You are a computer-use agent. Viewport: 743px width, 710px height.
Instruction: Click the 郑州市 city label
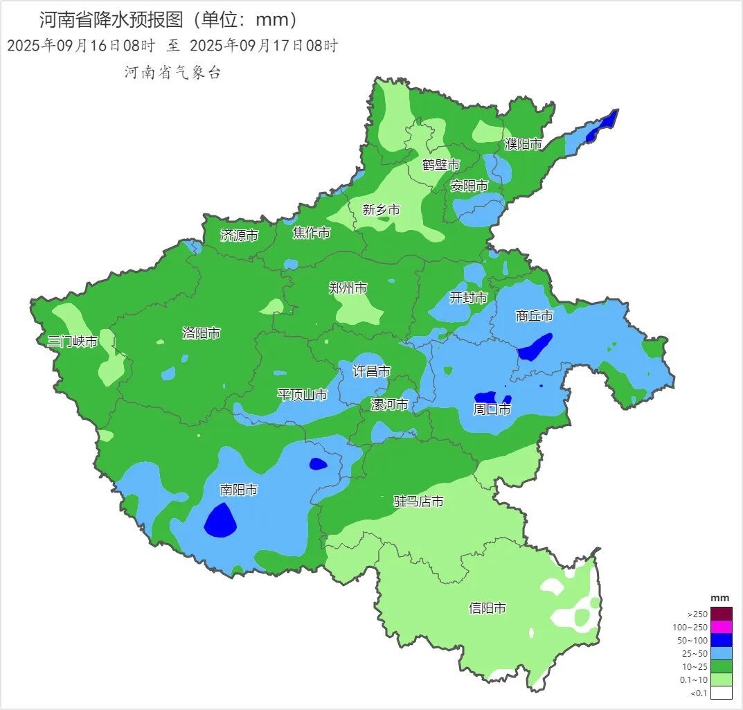(348, 288)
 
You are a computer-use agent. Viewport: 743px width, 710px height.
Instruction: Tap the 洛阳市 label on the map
(201, 333)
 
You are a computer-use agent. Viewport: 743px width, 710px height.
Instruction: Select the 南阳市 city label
(238, 490)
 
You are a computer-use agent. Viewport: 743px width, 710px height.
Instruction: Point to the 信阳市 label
(487, 608)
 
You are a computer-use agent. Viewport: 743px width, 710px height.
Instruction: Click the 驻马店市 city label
(418, 501)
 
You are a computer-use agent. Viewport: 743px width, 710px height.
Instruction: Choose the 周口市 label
(492, 409)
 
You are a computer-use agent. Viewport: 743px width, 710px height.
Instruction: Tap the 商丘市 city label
(534, 316)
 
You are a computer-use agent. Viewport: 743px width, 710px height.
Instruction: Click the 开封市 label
(468, 298)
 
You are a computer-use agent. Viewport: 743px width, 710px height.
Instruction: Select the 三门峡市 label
(72, 341)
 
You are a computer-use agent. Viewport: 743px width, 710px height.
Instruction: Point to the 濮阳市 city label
(523, 144)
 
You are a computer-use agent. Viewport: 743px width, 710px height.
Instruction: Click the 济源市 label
(239, 236)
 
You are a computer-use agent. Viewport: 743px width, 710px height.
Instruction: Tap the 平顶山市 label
(302, 395)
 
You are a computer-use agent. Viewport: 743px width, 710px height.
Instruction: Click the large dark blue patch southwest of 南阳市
(220, 520)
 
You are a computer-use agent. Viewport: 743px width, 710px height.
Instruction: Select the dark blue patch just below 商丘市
(535, 347)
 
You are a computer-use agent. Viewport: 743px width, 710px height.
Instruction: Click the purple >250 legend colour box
(721, 614)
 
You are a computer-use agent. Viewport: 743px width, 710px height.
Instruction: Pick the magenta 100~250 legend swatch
(721, 628)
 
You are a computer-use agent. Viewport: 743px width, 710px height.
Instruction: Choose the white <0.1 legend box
(721, 693)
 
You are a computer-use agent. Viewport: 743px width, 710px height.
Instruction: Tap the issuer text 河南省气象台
(172, 73)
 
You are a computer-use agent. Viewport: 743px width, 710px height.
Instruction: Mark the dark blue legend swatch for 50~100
(721, 641)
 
